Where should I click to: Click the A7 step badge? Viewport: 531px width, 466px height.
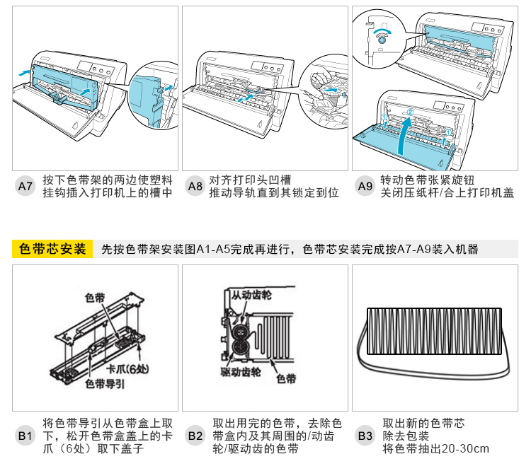[x=25, y=187]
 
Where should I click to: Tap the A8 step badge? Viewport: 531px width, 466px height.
[x=195, y=187]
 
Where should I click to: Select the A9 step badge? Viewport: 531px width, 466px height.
[x=365, y=187]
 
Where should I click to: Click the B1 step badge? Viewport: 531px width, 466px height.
[x=25, y=436]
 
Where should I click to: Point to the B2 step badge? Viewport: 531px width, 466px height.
[x=195, y=436]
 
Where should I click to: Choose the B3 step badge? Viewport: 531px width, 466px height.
[x=365, y=436]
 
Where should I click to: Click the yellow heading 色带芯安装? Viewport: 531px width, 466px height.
[x=53, y=249]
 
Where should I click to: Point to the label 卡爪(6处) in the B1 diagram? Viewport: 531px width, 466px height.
[x=127, y=370]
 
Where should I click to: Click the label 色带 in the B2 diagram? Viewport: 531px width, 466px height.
[x=286, y=380]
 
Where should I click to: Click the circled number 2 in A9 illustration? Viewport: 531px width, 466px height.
[x=409, y=112]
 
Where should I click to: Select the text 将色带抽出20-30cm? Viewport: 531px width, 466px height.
[x=435, y=449]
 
